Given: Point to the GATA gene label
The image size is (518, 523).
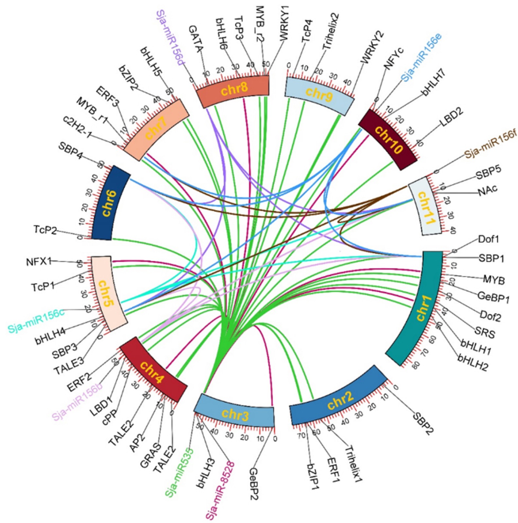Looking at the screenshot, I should point(196,39).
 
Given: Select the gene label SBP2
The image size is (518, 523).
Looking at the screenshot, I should point(423,423).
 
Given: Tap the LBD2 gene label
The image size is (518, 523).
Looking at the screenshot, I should point(452,117).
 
